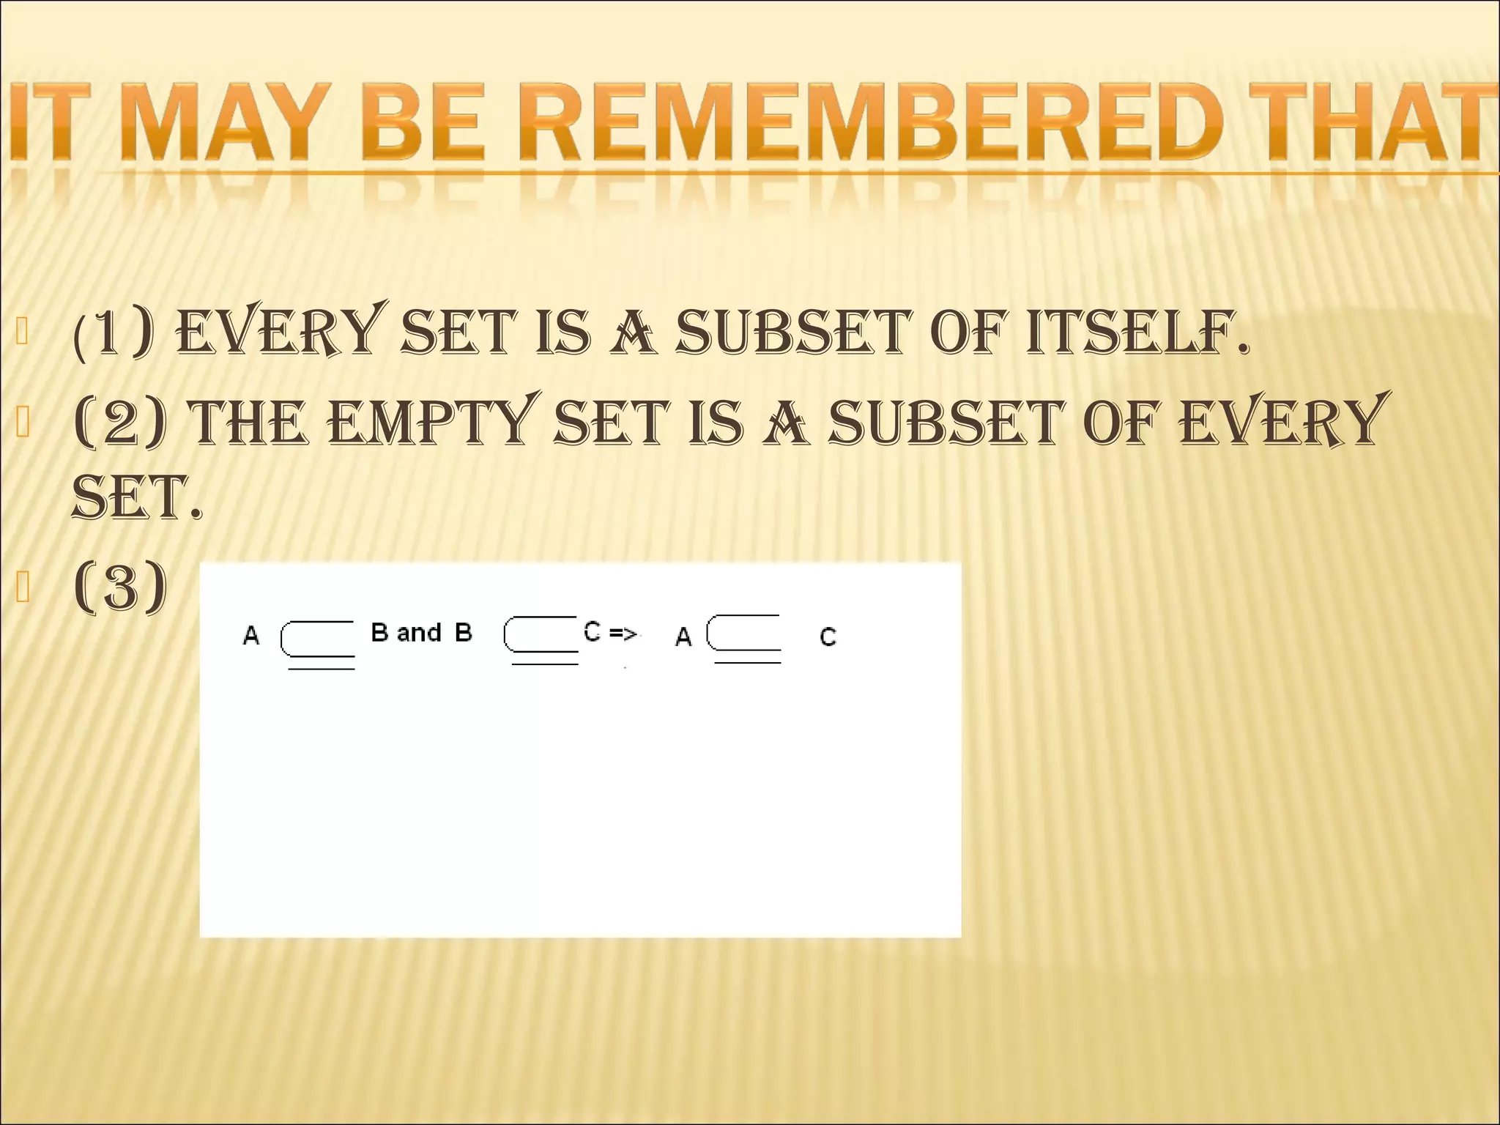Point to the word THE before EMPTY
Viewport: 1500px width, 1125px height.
click(x=249, y=423)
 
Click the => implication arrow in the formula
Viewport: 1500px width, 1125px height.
click(x=623, y=634)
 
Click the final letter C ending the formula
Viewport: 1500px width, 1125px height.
click(x=828, y=637)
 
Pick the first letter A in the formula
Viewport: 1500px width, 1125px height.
click(x=250, y=635)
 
